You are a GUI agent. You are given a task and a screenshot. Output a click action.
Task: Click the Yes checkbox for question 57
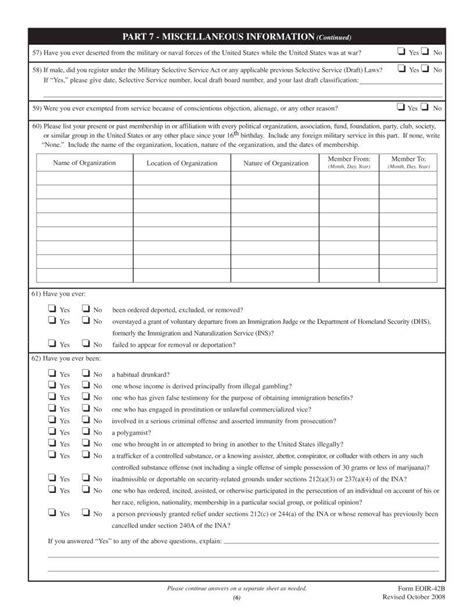(400, 51)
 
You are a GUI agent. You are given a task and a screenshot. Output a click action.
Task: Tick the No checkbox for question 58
(425, 70)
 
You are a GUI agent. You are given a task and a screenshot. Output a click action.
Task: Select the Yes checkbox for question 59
(400, 107)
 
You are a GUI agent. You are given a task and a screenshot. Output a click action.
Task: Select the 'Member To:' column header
(408, 159)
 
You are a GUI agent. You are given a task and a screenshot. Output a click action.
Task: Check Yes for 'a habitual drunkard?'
(51, 373)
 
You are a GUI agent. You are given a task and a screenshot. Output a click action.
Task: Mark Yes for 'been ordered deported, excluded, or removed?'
(51, 309)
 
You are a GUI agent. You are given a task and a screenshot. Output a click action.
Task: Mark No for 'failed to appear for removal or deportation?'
(85, 342)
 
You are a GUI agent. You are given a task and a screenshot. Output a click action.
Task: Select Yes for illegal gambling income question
(51, 385)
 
